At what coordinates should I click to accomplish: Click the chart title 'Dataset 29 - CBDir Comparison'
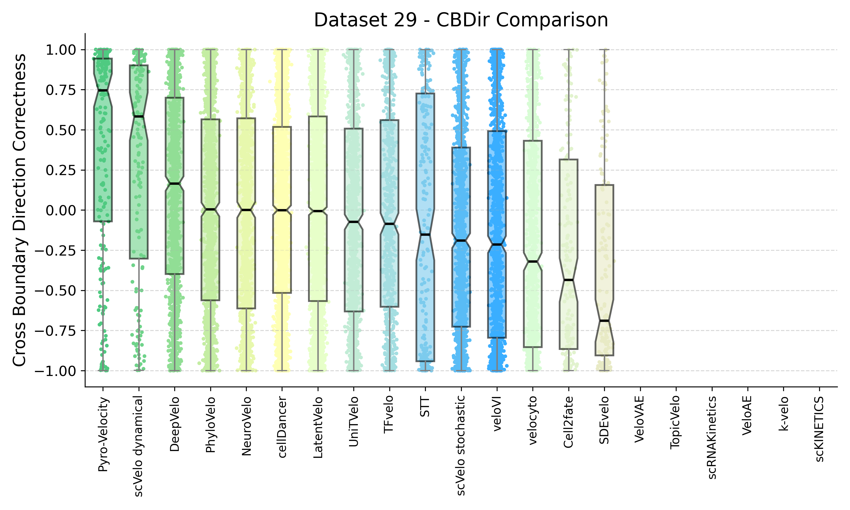pyautogui.click(x=461, y=20)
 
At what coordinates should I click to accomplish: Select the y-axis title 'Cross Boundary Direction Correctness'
pyautogui.click(x=20, y=210)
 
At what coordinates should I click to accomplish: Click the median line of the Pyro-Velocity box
pyautogui.click(x=103, y=91)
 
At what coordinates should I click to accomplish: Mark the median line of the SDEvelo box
pyautogui.click(x=604, y=321)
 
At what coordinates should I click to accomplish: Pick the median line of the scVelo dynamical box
pyautogui.click(x=139, y=116)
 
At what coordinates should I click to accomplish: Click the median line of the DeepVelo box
pyautogui.click(x=175, y=184)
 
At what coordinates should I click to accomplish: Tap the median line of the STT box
pyautogui.click(x=425, y=235)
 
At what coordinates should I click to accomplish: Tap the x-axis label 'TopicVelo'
pyautogui.click(x=676, y=422)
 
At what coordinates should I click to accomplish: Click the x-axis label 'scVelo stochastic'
pyautogui.click(x=461, y=445)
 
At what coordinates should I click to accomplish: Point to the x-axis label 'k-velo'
pyautogui.click(x=784, y=413)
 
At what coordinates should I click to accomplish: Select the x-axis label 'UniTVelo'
pyautogui.click(x=354, y=421)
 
